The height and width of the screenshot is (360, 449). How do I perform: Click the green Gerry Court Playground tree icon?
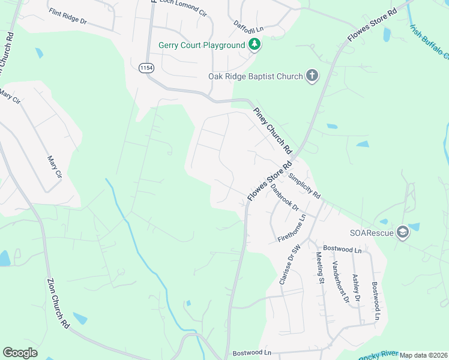pos(255,45)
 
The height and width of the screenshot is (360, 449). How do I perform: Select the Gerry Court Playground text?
pos(202,46)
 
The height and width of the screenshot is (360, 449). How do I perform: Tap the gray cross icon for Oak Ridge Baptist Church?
pos(312,76)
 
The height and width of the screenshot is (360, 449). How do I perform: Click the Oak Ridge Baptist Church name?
pos(255,76)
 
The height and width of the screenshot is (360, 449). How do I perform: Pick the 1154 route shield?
pos(146,68)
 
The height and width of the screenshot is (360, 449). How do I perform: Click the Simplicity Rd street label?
pos(304,187)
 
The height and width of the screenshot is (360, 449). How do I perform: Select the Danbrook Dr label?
pos(285,196)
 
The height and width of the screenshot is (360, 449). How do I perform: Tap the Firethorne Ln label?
pos(292,229)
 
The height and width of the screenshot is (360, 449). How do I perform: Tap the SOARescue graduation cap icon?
pos(402,233)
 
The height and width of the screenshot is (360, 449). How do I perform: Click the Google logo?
pos(20,353)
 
